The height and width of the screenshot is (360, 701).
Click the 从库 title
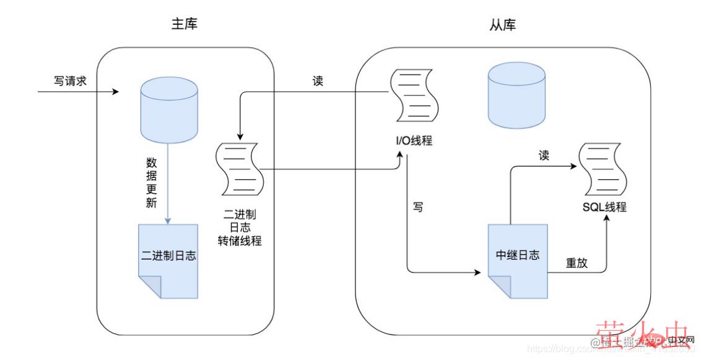coord(502,25)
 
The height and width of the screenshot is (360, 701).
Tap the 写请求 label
coord(69,81)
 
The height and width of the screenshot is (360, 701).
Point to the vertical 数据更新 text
coord(151,183)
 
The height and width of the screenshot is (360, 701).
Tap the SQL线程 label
coord(604,207)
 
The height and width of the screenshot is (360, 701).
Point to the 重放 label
coord(577,263)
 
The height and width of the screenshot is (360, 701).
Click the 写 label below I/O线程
coord(419,207)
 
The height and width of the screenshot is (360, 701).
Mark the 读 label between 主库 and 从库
coord(318,81)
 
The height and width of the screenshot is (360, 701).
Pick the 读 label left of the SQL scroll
coord(544,156)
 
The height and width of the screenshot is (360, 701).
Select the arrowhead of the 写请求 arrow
coord(115,92)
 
